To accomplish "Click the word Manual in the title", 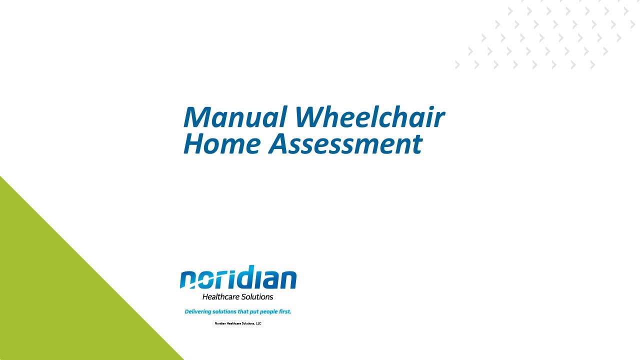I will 235,117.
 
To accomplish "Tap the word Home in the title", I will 222,143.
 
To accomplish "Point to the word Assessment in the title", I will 345,143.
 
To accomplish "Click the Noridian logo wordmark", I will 238,278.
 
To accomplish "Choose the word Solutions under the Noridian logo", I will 257,297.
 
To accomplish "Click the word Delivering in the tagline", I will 196,311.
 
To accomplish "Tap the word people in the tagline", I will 265,311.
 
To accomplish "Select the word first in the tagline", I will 284,311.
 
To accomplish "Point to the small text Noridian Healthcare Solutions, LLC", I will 238,323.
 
